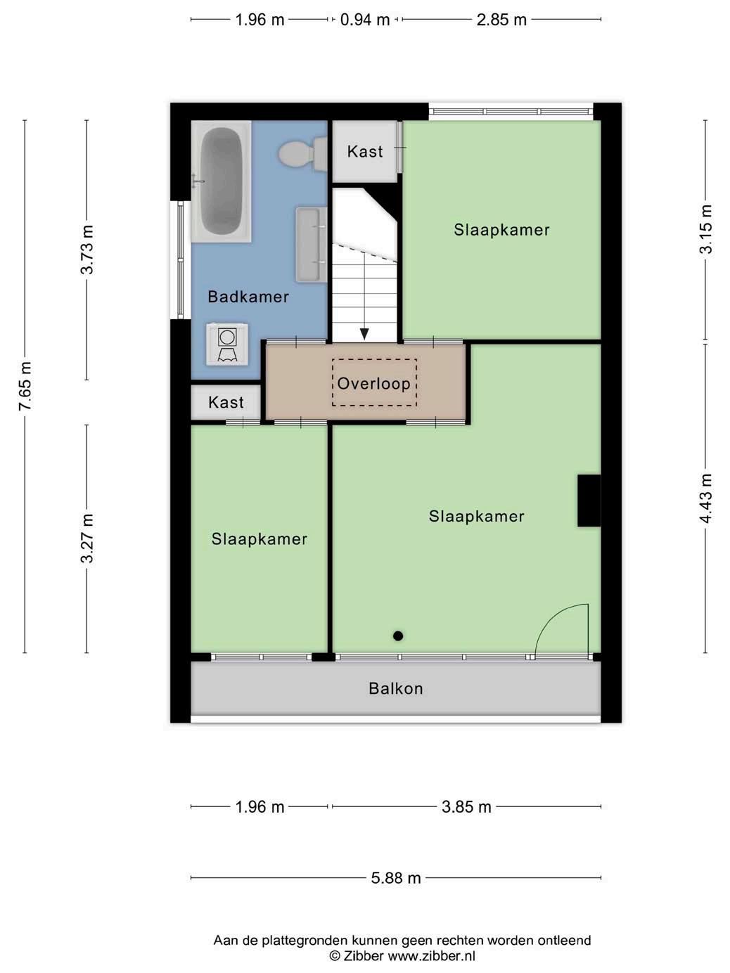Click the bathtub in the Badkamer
point(221,181)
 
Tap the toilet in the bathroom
point(302,154)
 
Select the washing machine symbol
point(227,344)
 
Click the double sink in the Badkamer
point(312,245)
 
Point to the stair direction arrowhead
point(364,333)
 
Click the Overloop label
point(373,383)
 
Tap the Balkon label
point(396,688)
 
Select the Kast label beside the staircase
point(365,152)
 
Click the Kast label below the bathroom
point(226,403)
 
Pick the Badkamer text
point(248,297)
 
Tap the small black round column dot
point(398,636)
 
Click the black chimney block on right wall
point(589,501)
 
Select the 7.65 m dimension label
point(25,386)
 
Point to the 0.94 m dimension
point(365,20)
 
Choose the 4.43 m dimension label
point(706,498)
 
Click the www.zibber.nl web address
point(432,955)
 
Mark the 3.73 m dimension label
point(87,250)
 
